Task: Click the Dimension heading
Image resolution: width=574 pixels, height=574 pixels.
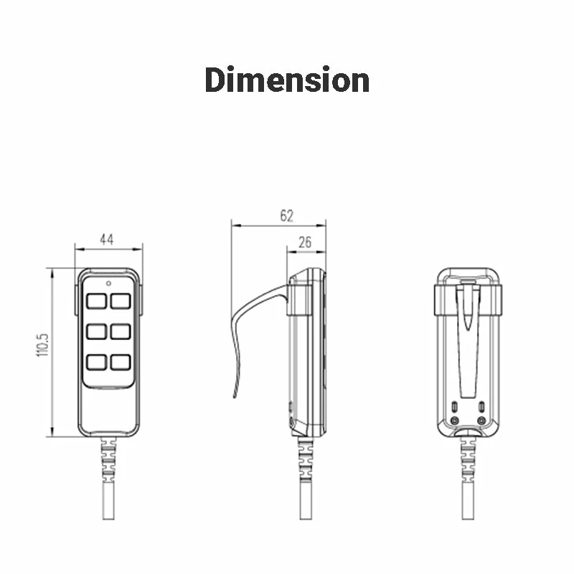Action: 287,80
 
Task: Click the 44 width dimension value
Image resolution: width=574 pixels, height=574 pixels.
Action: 107,240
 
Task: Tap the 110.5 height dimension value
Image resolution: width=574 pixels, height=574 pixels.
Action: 42,345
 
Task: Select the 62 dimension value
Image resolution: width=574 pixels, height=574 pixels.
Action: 286,216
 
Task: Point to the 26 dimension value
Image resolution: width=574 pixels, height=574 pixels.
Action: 305,243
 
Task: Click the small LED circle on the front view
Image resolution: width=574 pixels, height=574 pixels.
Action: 108,283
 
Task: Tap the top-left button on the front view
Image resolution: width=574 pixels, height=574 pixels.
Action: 97,301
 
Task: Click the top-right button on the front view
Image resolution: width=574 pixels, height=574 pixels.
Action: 121,301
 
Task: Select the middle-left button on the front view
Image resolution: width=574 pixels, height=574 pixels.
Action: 97,331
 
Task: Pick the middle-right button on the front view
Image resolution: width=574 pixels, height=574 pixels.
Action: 121,331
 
